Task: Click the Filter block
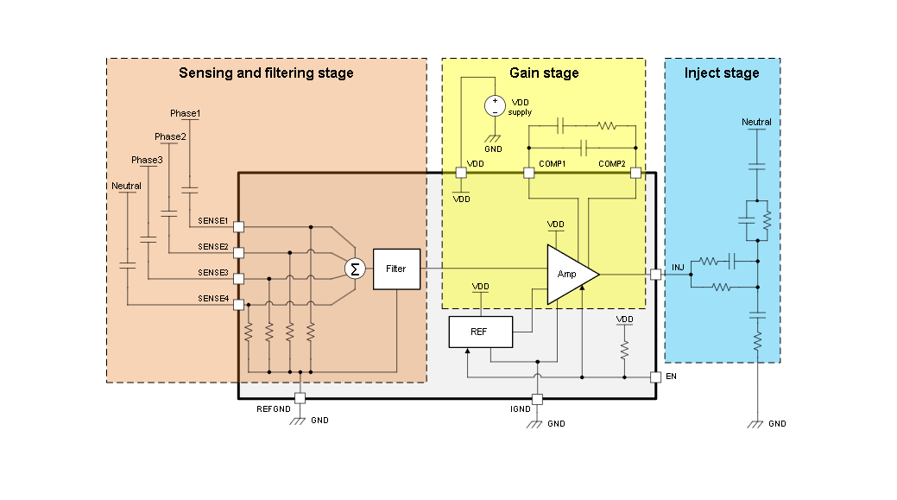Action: click(x=395, y=269)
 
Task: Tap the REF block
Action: click(x=480, y=332)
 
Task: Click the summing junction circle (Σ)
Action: click(x=355, y=269)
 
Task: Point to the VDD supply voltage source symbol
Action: click(x=495, y=106)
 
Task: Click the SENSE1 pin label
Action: click(x=212, y=221)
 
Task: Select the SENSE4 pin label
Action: click(x=212, y=299)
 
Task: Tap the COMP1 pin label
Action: click(x=552, y=163)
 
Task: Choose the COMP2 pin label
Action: click(x=613, y=163)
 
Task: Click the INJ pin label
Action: click(x=678, y=267)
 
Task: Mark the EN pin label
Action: click(x=672, y=377)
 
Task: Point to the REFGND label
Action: click(x=274, y=408)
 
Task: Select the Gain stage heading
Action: click(x=544, y=73)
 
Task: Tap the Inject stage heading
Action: click(x=722, y=73)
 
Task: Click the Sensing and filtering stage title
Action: click(x=266, y=73)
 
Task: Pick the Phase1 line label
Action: click(x=185, y=113)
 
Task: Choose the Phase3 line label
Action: click(x=146, y=160)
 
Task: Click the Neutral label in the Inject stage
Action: click(x=756, y=122)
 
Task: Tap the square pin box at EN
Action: click(x=656, y=377)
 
